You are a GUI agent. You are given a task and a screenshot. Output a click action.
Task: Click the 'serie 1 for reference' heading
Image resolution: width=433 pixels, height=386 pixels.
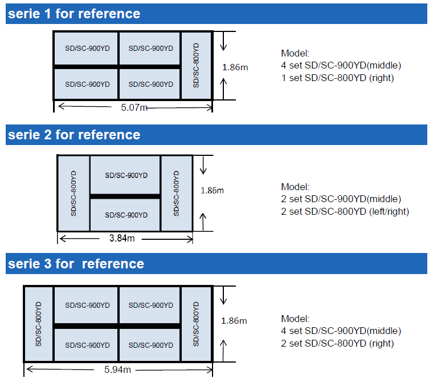point(74,13)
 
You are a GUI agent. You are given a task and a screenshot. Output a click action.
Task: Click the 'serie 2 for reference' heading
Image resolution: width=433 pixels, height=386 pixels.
point(74,135)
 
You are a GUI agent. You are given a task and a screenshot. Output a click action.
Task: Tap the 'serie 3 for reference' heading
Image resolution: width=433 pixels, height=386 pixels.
point(76,264)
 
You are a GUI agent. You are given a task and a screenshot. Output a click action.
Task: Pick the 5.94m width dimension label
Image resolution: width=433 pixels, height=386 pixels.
point(118,369)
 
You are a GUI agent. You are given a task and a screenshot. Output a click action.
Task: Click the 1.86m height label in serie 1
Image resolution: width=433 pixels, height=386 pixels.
point(235,67)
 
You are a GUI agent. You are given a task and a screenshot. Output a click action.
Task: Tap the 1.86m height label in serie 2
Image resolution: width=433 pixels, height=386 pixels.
point(213,191)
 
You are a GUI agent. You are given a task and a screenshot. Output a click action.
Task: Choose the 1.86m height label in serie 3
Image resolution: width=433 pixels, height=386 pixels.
point(234,321)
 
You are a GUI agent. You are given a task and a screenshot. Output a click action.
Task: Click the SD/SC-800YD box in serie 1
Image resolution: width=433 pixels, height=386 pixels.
point(196,65)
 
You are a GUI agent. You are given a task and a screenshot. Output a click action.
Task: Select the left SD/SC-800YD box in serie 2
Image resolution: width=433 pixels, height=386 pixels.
point(73,192)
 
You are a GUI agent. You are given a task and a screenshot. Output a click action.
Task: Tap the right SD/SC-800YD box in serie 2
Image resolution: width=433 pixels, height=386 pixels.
point(176,192)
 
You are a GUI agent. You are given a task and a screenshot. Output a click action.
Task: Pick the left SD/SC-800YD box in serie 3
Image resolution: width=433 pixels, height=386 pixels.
point(39,323)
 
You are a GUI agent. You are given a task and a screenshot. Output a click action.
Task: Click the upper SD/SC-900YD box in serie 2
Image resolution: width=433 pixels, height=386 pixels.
point(125,175)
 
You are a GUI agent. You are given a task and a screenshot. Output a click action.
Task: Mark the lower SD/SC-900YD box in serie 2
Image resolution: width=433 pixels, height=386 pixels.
point(125,215)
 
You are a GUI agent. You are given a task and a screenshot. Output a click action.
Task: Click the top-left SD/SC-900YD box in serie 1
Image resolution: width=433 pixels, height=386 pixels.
point(87,49)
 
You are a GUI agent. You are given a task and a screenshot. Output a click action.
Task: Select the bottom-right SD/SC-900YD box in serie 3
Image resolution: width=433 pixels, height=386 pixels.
point(150,345)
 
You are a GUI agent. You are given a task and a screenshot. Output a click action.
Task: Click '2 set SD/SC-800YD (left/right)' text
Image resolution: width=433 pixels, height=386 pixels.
point(345,211)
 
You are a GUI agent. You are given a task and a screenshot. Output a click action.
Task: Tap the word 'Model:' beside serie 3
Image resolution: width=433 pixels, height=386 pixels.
point(295,319)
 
